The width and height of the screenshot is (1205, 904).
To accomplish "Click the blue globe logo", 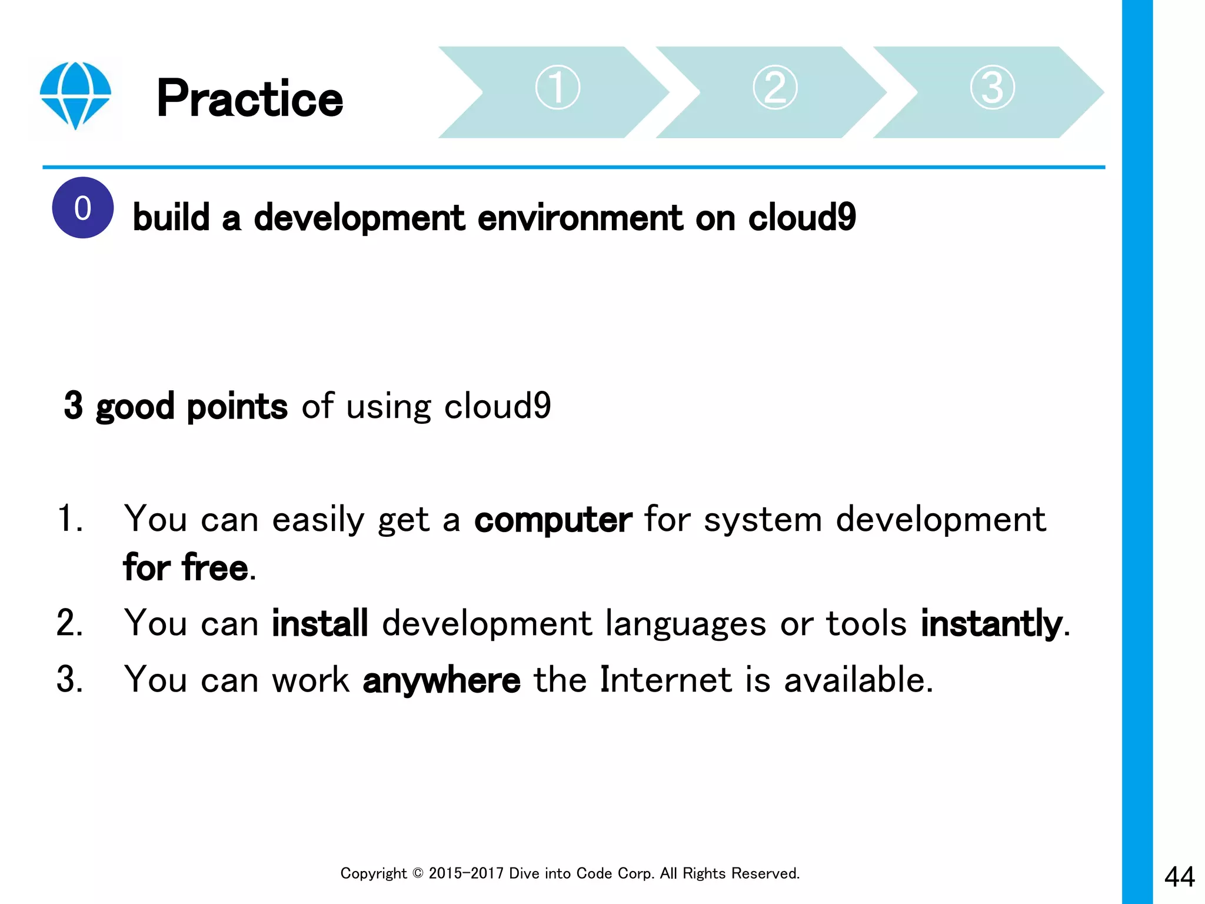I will click(75, 95).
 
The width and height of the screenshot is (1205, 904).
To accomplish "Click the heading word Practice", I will click(249, 99).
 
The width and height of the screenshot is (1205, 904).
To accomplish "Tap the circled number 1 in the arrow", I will click(557, 88).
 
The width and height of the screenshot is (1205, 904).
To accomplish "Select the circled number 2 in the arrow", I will click(775, 88).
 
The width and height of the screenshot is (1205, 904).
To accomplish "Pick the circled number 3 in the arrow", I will click(992, 88).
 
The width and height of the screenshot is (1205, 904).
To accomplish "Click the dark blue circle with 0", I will click(83, 208).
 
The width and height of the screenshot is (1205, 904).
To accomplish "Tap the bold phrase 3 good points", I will click(175, 406).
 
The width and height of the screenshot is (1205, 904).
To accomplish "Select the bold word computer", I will click(552, 520).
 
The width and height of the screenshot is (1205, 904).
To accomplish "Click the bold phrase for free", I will click(186, 568).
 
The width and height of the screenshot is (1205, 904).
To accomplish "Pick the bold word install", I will click(319, 623).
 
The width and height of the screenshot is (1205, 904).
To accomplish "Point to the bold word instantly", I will click(991, 623).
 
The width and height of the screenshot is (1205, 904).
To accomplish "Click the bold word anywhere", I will click(441, 680).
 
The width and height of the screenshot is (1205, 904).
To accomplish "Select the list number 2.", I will click(69, 623).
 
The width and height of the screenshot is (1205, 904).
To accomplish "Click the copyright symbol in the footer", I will click(418, 873).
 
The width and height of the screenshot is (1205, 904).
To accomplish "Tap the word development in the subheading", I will click(359, 218).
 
